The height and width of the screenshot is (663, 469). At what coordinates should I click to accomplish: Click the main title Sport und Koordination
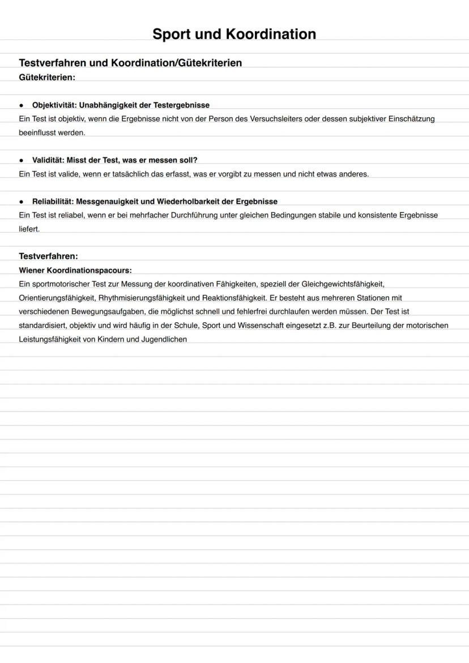click(x=234, y=34)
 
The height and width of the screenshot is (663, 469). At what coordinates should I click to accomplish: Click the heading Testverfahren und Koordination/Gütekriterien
click(x=130, y=63)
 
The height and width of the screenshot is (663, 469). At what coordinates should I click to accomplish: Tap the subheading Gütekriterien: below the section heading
click(x=47, y=76)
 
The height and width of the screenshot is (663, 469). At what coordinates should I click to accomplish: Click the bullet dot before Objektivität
click(x=22, y=105)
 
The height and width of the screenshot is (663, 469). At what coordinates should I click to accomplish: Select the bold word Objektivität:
click(x=54, y=105)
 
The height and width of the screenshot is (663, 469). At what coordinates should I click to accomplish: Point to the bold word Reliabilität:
click(x=53, y=202)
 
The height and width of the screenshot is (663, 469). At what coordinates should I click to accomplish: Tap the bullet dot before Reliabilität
click(x=22, y=202)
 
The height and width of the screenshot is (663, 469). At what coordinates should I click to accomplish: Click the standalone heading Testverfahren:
click(x=48, y=256)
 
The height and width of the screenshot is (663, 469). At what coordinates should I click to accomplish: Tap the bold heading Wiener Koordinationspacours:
click(x=75, y=270)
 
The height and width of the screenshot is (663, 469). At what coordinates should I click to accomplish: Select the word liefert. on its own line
click(x=29, y=229)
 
